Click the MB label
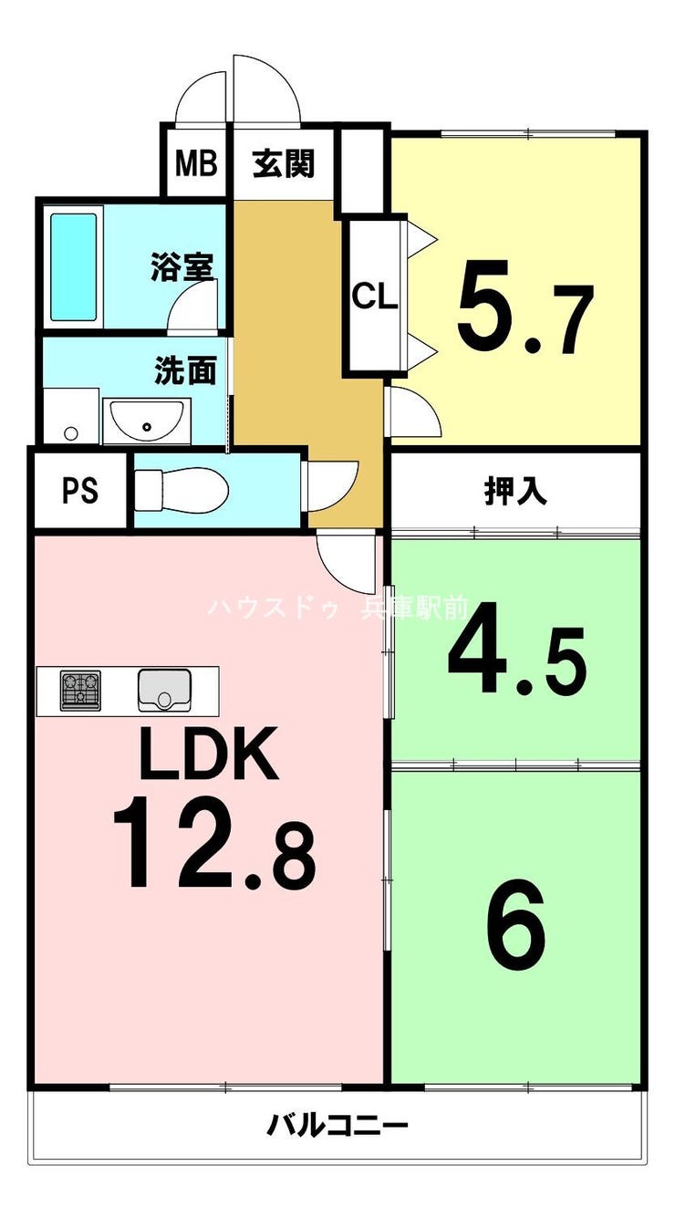196,163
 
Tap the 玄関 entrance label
284,163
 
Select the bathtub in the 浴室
73,267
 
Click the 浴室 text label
182,267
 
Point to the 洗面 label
185,370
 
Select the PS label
80,491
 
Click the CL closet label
375,297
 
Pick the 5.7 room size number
524,307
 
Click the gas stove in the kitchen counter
80,690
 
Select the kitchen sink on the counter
164,690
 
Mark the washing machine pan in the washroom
70,416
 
